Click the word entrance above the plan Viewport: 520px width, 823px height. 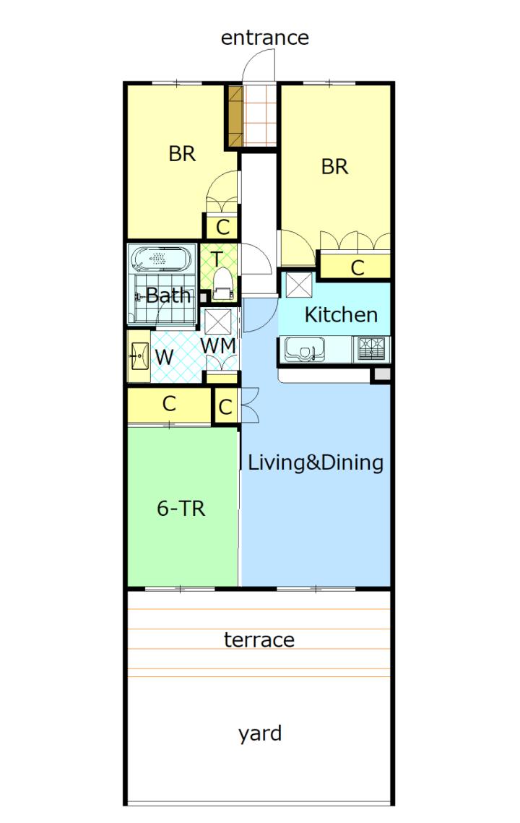(x=264, y=38)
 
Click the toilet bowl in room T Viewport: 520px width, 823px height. (x=223, y=284)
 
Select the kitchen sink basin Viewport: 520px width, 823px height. (x=304, y=349)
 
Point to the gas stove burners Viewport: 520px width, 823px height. (x=371, y=348)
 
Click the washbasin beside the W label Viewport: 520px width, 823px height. (x=139, y=356)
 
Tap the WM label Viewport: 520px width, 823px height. (x=218, y=346)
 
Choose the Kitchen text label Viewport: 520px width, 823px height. (x=341, y=315)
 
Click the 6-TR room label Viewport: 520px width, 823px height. (x=181, y=508)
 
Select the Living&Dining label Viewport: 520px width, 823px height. (x=316, y=462)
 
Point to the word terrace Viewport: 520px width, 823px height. (x=259, y=639)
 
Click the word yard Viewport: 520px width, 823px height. (x=260, y=733)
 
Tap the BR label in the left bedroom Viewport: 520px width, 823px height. (x=182, y=154)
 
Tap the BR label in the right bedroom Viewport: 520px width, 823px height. (x=335, y=167)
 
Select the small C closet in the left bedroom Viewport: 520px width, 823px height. (x=222, y=227)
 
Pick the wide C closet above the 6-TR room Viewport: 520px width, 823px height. (x=169, y=404)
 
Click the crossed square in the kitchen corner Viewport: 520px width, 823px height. (x=298, y=285)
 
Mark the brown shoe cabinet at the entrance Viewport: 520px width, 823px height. (x=235, y=116)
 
